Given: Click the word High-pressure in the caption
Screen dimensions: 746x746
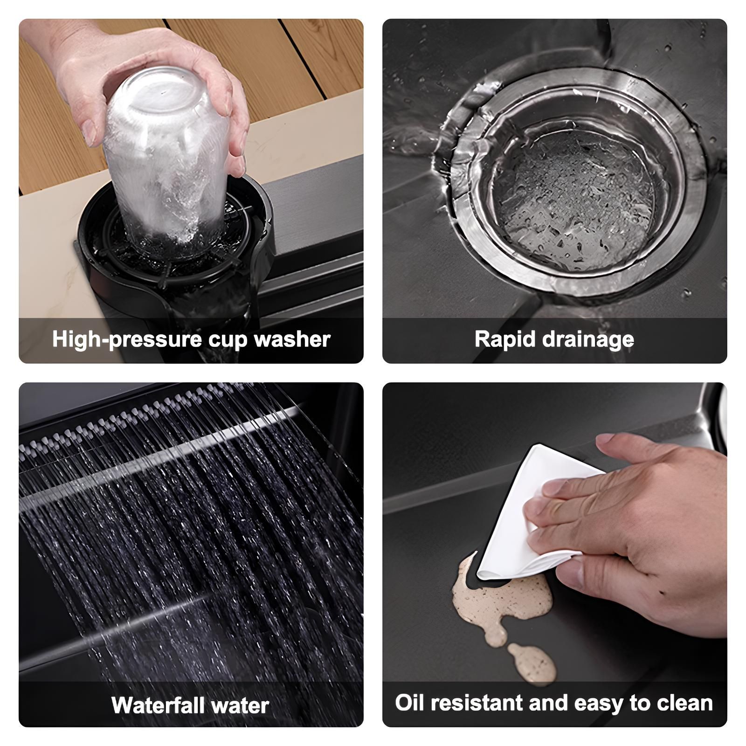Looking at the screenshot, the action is click(x=127, y=340).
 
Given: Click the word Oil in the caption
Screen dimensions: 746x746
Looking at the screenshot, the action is click(x=410, y=703).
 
